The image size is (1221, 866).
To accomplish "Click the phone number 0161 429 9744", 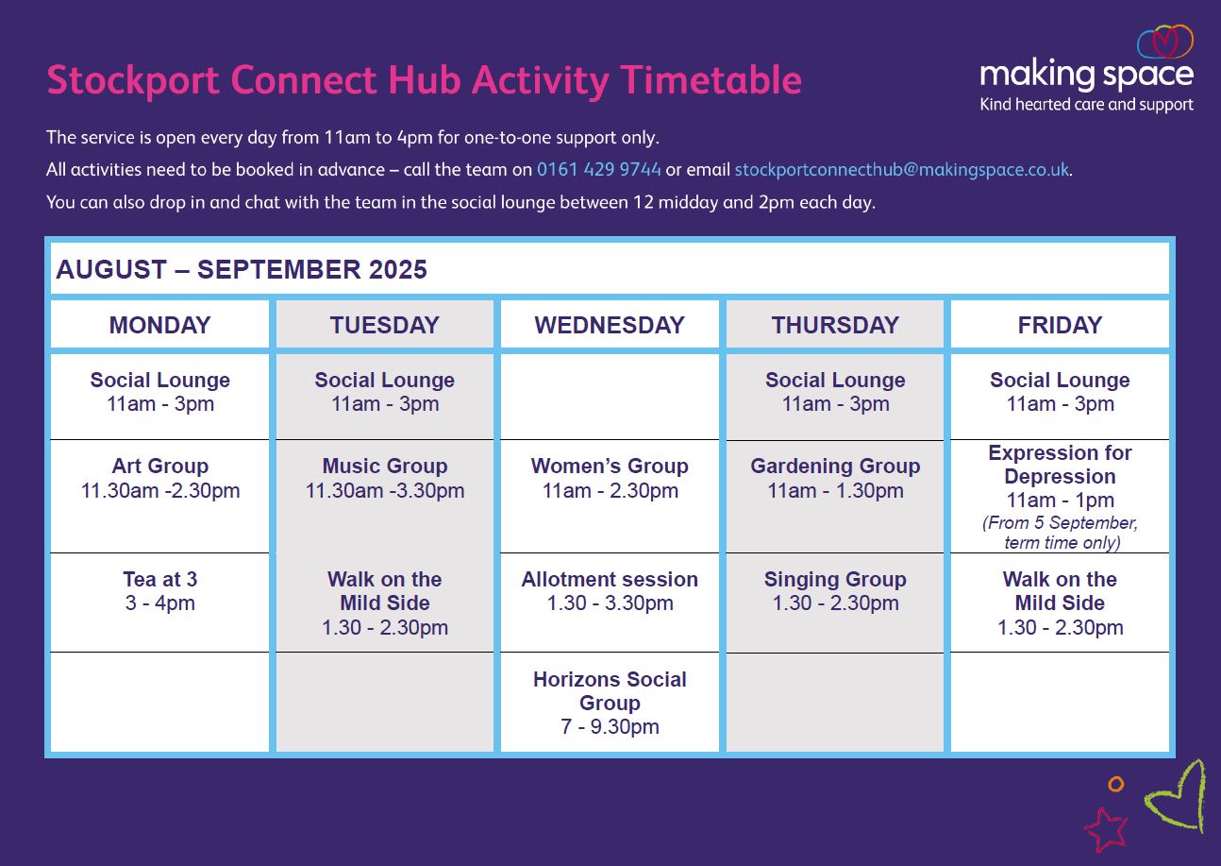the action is (x=598, y=170).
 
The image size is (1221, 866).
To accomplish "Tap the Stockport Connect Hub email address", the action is (x=901, y=170).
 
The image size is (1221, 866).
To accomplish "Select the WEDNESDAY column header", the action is (x=610, y=325).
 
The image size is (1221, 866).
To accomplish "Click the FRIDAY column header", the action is (x=1060, y=325).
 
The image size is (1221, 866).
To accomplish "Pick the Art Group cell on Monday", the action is (x=160, y=496).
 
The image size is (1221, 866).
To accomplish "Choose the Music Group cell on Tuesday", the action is (x=385, y=496).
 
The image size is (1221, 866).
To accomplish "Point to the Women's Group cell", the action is (x=610, y=496).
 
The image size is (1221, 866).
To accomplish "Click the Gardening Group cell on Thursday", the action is (x=835, y=496).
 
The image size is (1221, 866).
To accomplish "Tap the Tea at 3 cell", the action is (x=160, y=603).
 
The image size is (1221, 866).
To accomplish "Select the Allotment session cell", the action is (x=610, y=603).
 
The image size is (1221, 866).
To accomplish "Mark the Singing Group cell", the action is (x=835, y=603).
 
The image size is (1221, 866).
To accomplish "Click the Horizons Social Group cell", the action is (x=610, y=703).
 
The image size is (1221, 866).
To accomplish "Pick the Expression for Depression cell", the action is (x=1060, y=496).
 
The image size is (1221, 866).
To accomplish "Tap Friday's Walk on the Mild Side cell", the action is (x=1060, y=603).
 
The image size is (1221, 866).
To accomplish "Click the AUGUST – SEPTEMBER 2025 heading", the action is (x=242, y=269).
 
